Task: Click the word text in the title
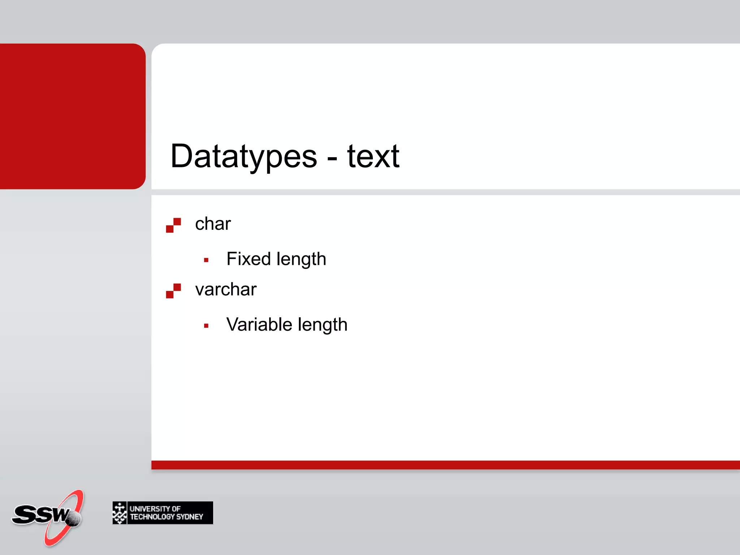pos(373,156)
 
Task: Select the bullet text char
pos(212,224)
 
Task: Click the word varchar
pos(225,289)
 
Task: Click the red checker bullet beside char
pos(173,225)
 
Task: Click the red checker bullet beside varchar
pos(173,291)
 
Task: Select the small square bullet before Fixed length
pos(206,260)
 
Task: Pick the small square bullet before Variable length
pos(206,326)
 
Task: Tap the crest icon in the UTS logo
pos(120,513)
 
